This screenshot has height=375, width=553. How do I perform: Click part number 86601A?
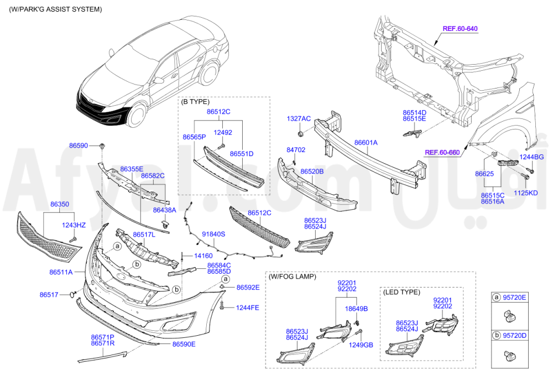tap(366, 143)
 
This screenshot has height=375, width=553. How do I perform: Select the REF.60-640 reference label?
tap(460, 28)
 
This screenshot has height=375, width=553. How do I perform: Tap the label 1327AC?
tap(299, 119)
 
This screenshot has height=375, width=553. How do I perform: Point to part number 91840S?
tap(213, 235)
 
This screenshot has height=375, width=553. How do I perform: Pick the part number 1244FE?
tap(248, 308)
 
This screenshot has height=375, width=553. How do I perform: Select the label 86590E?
tap(184, 344)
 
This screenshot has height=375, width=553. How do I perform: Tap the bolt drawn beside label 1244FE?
tap(221, 306)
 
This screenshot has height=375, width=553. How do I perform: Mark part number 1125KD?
tap(526, 193)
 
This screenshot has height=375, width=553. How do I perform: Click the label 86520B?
tap(312, 172)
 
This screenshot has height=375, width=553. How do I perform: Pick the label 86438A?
tap(164, 210)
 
